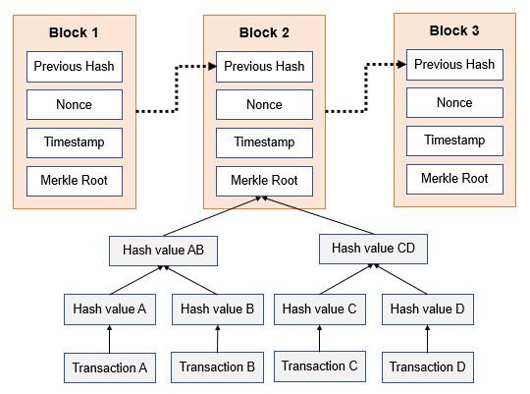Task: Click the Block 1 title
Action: (74, 32)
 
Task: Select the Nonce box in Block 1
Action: (74, 104)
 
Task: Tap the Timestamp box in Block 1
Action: (74, 142)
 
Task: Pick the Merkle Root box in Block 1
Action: (74, 181)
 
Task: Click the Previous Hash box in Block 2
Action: (264, 67)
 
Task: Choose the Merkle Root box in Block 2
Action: (264, 181)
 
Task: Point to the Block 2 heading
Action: (264, 32)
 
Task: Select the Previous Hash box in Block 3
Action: (454, 65)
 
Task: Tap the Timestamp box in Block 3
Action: (454, 141)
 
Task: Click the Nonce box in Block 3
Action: (454, 103)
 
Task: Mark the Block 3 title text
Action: (454, 30)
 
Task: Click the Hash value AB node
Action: (163, 251)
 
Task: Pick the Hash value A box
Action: (109, 309)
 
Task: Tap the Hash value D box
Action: (427, 310)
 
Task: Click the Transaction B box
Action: (218, 367)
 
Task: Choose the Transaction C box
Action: (320, 366)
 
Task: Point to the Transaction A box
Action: (109, 368)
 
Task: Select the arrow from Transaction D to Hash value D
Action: (427, 339)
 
